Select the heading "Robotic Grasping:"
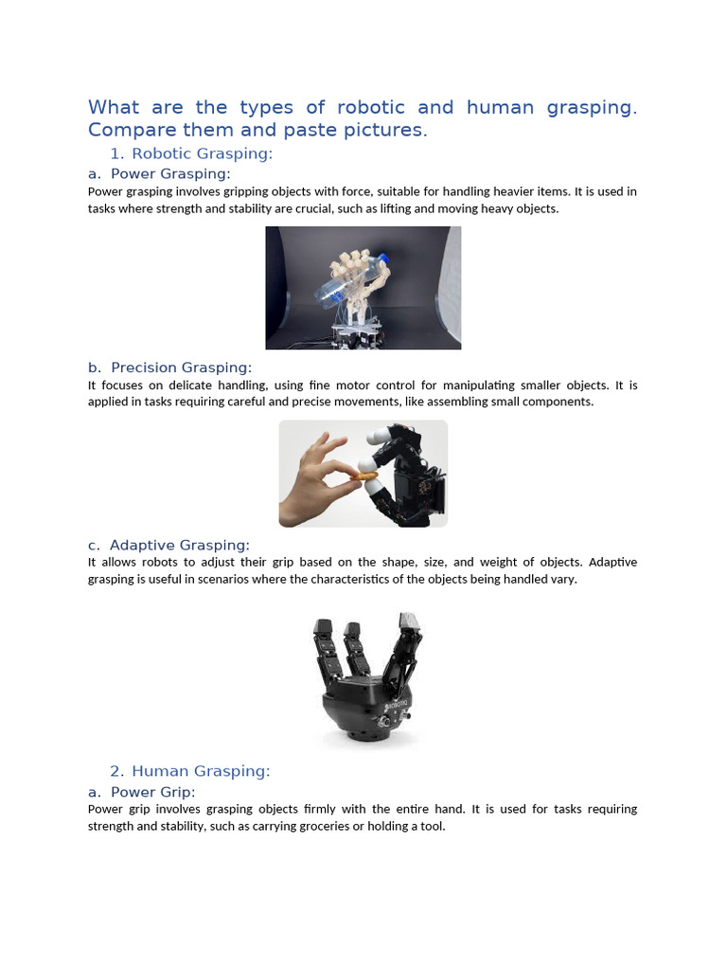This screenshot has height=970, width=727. [x=202, y=153]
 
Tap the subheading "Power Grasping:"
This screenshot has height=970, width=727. [x=170, y=173]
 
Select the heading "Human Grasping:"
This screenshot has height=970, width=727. [x=201, y=771]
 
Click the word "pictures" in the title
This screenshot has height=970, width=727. [x=389, y=131]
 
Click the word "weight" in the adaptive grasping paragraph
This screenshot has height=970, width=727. [x=524, y=562]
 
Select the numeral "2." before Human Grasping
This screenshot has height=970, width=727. [x=116, y=771]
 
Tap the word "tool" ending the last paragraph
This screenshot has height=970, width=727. [x=432, y=826]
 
